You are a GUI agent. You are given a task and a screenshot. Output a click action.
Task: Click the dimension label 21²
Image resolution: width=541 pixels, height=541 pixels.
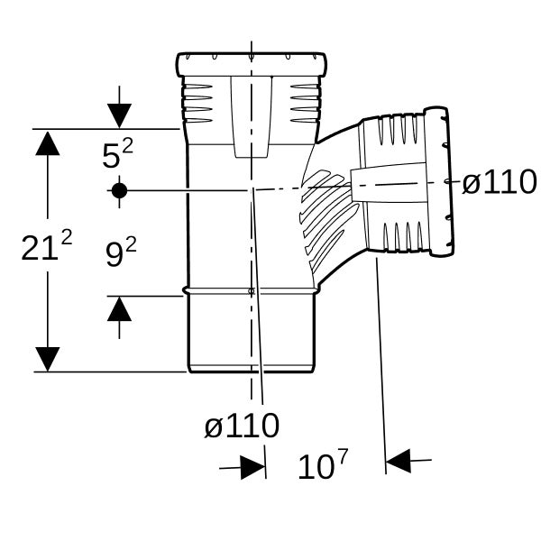[x=47, y=245]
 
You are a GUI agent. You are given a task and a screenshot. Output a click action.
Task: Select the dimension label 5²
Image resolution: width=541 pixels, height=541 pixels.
[x=117, y=154]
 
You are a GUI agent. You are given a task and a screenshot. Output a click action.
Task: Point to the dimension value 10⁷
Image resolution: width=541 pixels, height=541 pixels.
[x=324, y=463]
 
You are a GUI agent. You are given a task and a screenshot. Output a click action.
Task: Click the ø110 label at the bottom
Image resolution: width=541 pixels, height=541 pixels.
[x=242, y=425]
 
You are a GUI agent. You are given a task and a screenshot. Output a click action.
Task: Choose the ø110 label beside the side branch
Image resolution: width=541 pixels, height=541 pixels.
[x=500, y=181]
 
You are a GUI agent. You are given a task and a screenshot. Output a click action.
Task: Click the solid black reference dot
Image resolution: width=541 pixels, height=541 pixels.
[x=119, y=190]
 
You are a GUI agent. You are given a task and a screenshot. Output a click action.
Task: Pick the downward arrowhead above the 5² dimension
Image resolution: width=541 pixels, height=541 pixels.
[x=119, y=115]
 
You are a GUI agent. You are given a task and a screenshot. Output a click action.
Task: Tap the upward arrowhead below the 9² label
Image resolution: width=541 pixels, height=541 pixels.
[x=119, y=309]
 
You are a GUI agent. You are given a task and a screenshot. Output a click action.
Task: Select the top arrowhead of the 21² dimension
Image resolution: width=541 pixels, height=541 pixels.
[x=48, y=143]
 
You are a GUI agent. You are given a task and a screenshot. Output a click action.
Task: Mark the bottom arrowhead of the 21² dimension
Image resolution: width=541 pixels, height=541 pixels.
[x=48, y=359]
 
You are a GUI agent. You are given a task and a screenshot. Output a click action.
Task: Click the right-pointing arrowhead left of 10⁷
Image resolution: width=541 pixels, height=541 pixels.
[x=252, y=467]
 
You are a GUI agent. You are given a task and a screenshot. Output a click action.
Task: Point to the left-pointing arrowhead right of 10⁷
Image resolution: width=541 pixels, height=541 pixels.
[x=399, y=461]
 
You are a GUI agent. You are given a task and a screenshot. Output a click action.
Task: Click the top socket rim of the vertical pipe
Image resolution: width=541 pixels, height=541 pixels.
[x=252, y=65]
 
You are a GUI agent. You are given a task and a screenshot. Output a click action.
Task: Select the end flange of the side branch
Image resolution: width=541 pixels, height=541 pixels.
[x=439, y=182]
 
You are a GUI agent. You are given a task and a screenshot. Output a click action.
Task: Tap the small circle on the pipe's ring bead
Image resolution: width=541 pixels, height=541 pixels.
[x=252, y=291]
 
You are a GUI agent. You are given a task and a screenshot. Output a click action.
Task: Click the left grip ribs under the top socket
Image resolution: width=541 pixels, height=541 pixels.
[x=197, y=103]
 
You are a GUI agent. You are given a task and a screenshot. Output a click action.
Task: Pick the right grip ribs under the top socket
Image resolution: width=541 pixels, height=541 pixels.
[x=305, y=103]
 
